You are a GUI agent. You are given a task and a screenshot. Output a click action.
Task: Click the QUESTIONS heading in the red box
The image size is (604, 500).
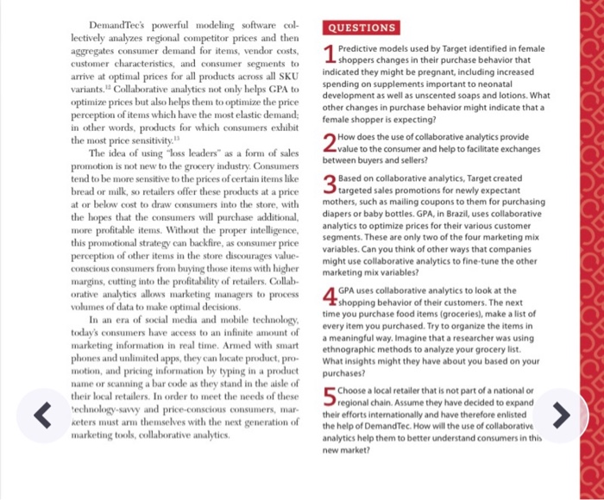click(361, 28)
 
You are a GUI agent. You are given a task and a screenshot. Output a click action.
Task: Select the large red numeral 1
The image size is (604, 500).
click(328, 56)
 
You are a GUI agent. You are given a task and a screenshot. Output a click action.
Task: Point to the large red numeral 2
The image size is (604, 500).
click(328, 143)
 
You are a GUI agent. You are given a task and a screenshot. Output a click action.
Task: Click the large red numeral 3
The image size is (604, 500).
click(328, 184)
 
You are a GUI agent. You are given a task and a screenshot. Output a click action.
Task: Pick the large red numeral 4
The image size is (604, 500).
click(328, 297)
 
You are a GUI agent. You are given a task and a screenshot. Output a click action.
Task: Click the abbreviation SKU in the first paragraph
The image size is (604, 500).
click(284, 76)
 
